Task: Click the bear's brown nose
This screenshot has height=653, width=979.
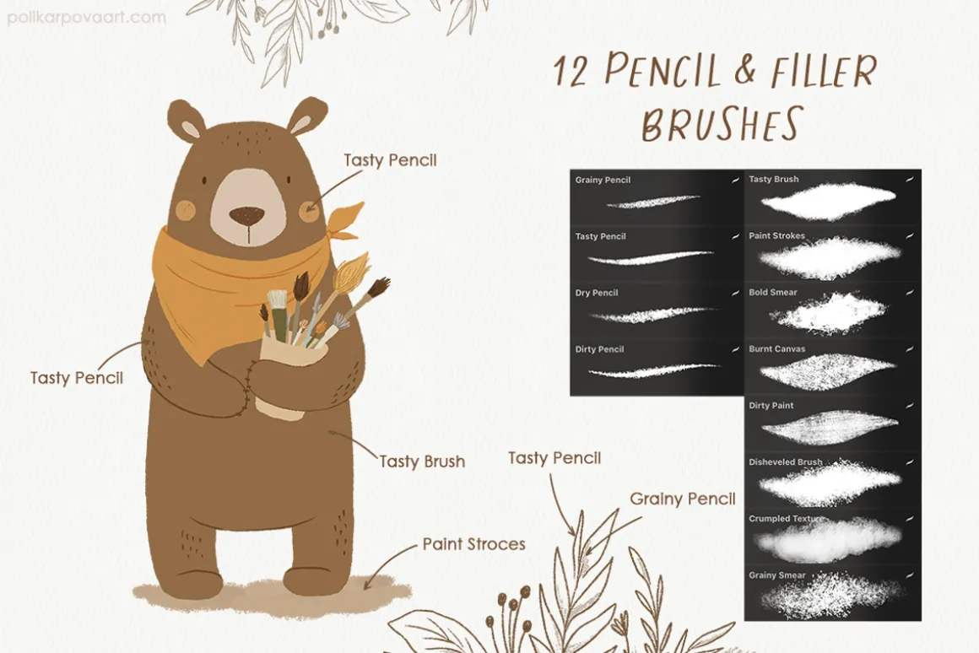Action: point(246,216)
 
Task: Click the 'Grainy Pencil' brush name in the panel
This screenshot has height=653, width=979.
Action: point(603,180)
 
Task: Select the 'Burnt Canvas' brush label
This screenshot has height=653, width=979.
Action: point(776,349)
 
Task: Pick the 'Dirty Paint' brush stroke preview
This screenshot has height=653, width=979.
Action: point(830,428)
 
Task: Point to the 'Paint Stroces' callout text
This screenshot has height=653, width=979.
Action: point(474,544)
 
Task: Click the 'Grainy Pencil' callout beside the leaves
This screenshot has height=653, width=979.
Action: point(683,499)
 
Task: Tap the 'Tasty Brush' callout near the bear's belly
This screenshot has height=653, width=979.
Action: point(422,461)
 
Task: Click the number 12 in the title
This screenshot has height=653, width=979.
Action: point(570,71)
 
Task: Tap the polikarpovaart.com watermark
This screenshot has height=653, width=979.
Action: point(87,17)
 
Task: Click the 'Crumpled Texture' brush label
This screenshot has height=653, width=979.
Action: point(786,519)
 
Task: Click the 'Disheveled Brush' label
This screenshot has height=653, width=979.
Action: point(786,462)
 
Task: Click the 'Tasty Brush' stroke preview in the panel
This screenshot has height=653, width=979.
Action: point(830,201)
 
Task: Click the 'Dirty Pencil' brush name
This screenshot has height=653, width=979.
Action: point(599,349)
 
